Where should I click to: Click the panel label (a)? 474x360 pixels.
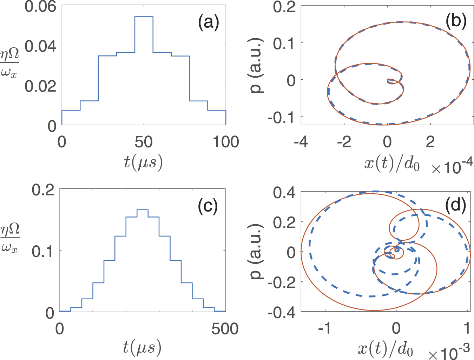[208, 23]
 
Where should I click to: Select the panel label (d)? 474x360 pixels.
[455, 205]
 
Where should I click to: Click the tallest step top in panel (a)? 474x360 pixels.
[144, 16]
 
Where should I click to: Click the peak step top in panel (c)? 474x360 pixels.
[142, 209]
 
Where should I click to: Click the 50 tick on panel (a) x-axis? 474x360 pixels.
[144, 142]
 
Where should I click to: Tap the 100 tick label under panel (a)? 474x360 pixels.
[226, 142]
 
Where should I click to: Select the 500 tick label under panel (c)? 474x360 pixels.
[225, 329]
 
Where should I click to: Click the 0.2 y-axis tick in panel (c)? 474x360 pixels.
[43, 190]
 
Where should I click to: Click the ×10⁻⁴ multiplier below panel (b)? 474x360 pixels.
[452, 167]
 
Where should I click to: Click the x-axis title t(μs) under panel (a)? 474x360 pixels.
[143, 162]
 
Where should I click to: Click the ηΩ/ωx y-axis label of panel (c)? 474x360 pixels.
[10, 239]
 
